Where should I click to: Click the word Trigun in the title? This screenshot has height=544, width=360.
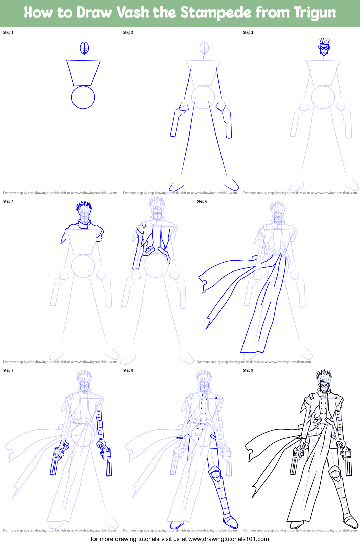click(315, 13)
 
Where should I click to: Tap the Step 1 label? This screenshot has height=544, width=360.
click(8, 32)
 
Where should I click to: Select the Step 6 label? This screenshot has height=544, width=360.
click(202, 201)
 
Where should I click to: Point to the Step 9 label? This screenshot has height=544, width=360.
click(248, 370)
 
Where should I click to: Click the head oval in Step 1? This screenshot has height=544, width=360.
click(84, 48)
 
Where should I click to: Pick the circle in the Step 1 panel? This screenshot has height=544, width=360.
click(83, 97)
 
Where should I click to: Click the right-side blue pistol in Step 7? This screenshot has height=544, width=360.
click(108, 462)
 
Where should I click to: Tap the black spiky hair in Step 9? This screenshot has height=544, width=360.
click(324, 376)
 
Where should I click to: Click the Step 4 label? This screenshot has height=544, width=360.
click(8, 201)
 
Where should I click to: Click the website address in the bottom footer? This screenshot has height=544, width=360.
click(228, 539)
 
